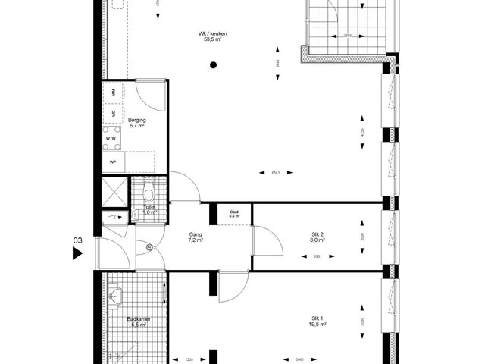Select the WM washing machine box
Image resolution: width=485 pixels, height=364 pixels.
[x=114, y=93]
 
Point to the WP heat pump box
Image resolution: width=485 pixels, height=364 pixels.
[x=114, y=162]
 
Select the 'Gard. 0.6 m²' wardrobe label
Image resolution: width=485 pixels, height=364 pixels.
[x=234, y=214]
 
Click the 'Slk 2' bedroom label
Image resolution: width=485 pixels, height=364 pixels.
[x=318, y=236]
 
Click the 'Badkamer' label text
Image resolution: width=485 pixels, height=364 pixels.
[x=139, y=321]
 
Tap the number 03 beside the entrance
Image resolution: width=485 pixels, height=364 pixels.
[x=77, y=240]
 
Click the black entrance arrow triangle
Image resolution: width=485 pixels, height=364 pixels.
[x=77, y=254]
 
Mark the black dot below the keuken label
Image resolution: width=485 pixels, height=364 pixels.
[x=214, y=65]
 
